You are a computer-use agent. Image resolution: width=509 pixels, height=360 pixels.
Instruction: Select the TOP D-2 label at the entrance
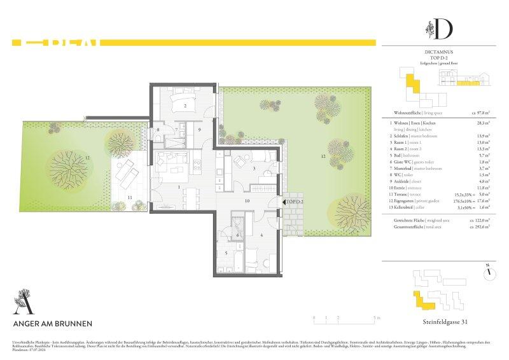click(x=295, y=202)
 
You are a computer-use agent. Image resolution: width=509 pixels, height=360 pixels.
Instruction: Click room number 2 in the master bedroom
click(x=185, y=106)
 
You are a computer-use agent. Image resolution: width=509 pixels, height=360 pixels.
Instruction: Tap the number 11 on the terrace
click(x=129, y=198)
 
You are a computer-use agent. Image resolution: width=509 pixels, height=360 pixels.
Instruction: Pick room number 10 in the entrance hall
click(x=248, y=200)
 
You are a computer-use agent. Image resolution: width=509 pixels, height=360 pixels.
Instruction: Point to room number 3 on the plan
click(x=254, y=169)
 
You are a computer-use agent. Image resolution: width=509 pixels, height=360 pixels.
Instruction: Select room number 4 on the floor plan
click(x=261, y=235)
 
